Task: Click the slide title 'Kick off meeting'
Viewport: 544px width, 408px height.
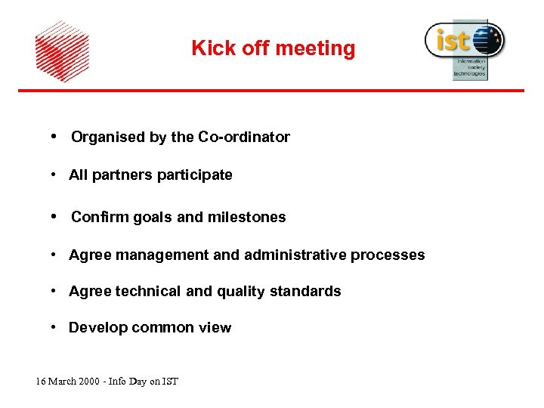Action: point(273,48)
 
